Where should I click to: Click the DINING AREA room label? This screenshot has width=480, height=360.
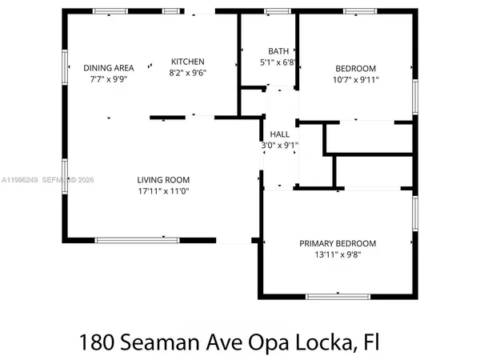pos(109,68)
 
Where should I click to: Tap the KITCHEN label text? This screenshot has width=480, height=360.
pos(187,62)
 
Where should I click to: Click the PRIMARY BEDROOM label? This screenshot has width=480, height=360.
pos(338,243)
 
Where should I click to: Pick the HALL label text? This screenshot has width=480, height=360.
pos(279,134)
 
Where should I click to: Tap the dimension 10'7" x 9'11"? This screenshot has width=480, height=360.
pos(355,79)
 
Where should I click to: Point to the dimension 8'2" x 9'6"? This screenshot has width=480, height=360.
pos(187,73)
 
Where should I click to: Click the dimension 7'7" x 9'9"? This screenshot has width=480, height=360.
pos(109,79)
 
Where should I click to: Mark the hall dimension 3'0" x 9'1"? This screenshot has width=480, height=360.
pos(279,146)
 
